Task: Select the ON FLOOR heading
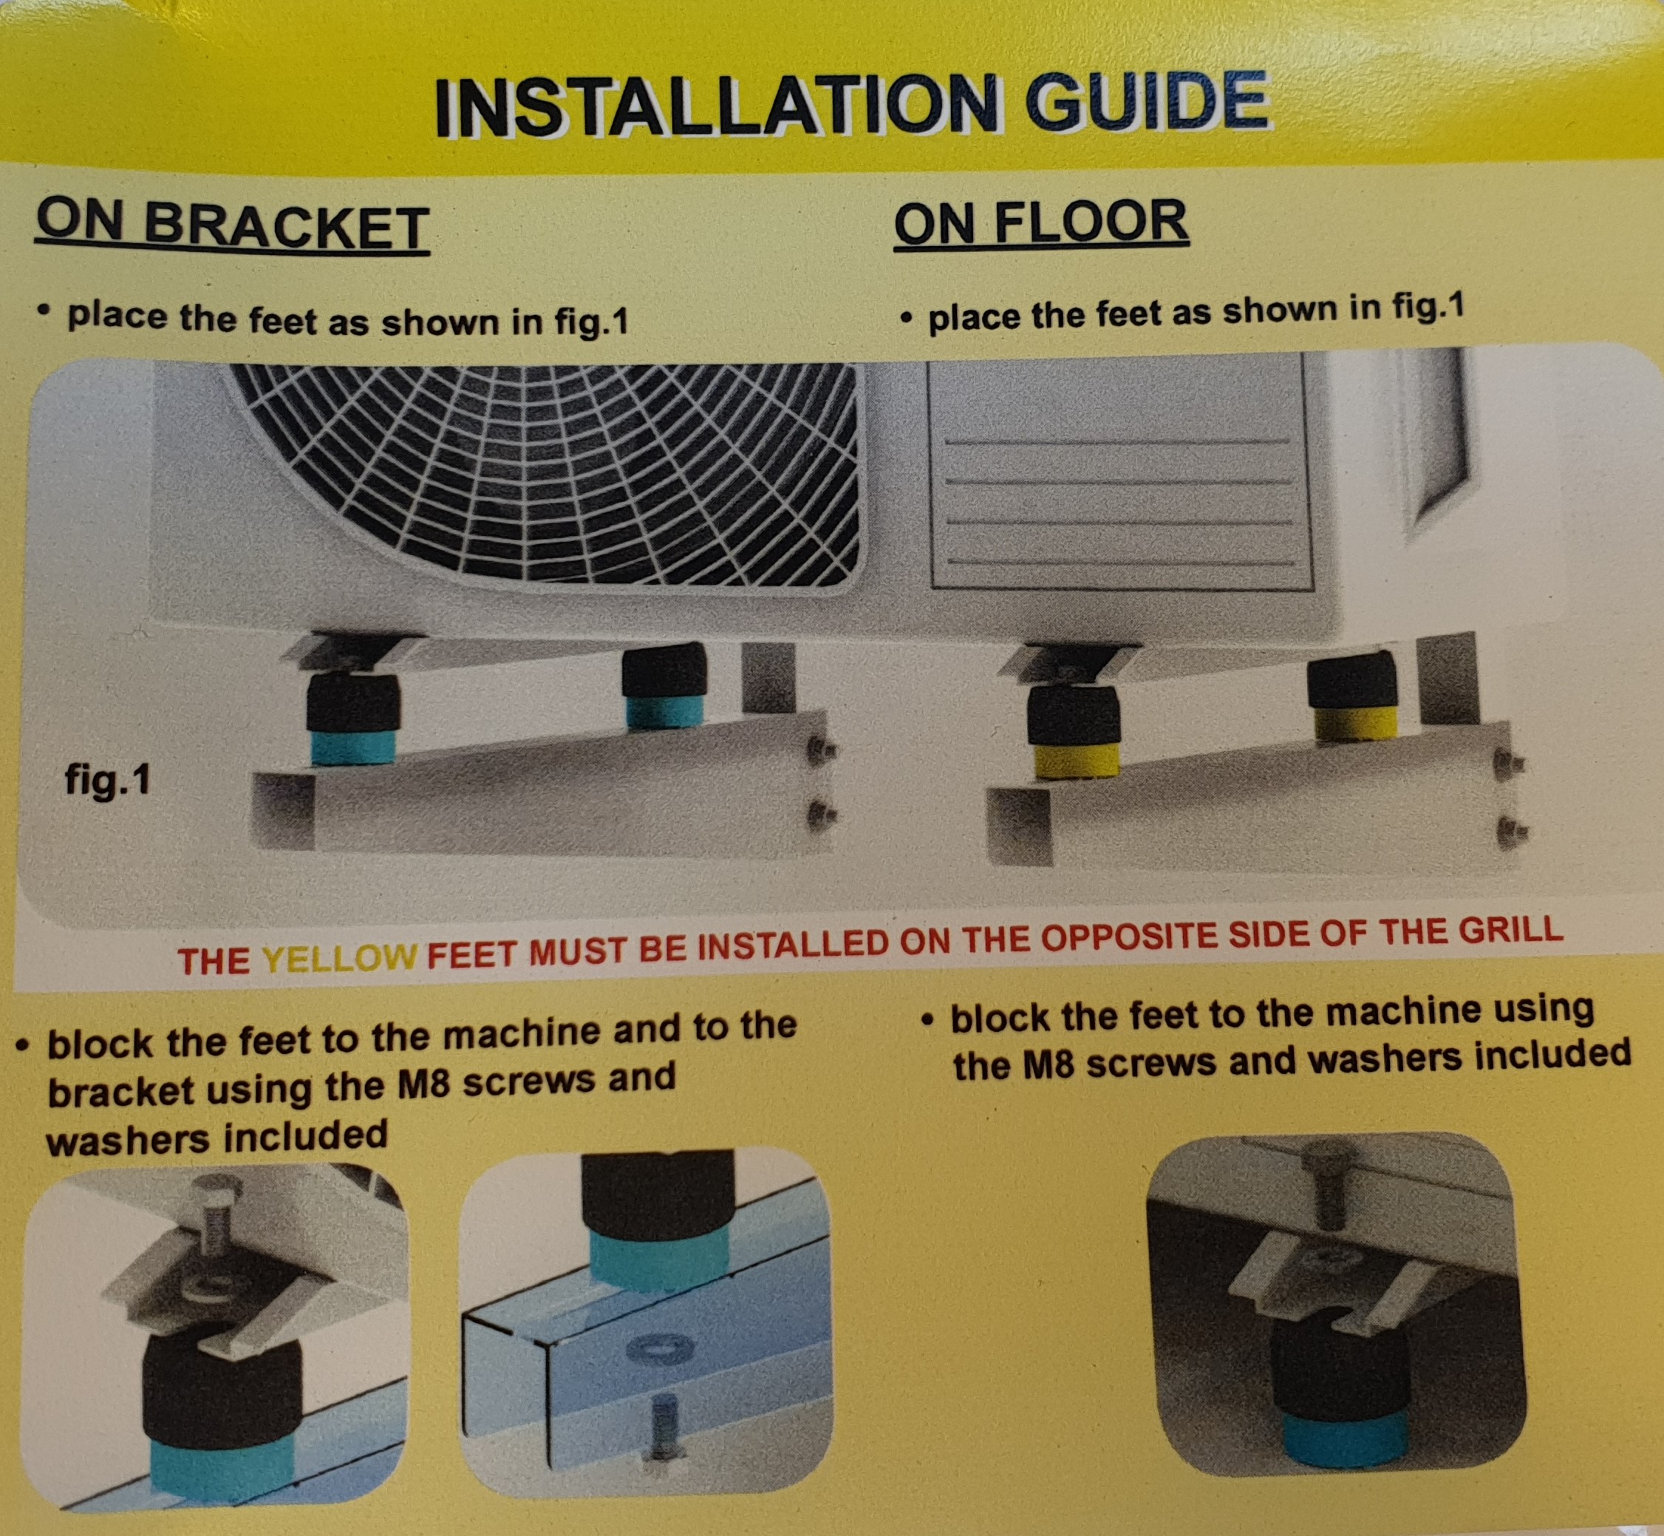1042,222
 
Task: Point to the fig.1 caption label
108,781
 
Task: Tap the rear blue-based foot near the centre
664,687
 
